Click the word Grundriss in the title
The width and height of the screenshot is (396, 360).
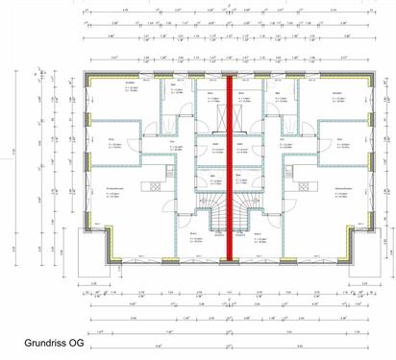pyautogui.click(x=44, y=343)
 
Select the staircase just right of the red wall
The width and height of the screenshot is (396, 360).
pyautogui.click(x=242, y=210)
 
